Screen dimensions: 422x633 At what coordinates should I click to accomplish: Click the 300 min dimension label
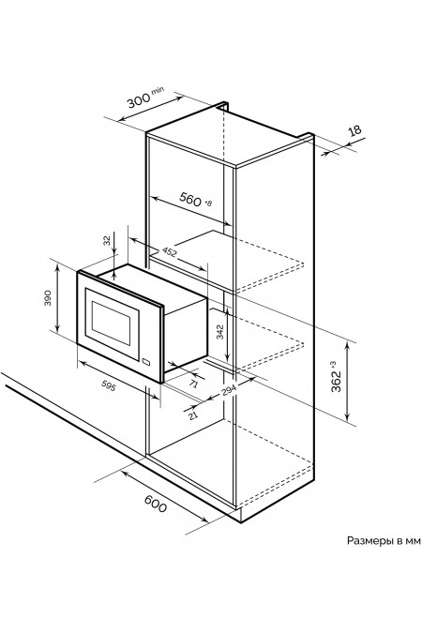click(x=145, y=98)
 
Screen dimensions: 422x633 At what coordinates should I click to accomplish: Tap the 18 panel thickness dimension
click(x=355, y=131)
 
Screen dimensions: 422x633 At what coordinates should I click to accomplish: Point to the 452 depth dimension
click(x=170, y=252)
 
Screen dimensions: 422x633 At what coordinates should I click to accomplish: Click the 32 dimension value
click(x=107, y=241)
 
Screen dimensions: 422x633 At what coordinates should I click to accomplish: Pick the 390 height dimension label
click(x=49, y=298)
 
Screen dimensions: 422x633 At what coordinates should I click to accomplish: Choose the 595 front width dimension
click(x=109, y=386)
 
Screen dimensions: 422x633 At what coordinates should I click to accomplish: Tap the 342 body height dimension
click(x=220, y=333)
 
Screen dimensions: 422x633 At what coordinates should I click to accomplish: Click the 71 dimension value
click(x=194, y=384)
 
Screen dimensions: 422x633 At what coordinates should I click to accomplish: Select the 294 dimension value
click(x=229, y=389)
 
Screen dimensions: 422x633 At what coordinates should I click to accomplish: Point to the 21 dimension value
click(x=193, y=415)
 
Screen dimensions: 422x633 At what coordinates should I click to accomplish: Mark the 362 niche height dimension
click(x=336, y=382)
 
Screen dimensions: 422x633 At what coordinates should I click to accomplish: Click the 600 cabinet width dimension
click(x=156, y=504)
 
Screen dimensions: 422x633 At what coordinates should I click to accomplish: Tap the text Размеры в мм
click(x=384, y=540)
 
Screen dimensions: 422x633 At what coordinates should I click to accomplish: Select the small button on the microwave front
click(x=146, y=362)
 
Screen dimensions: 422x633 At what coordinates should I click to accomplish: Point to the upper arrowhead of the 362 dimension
click(x=347, y=344)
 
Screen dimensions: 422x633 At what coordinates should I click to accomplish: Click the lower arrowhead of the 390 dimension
click(x=58, y=328)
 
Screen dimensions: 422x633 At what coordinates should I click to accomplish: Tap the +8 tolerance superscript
click(x=208, y=203)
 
